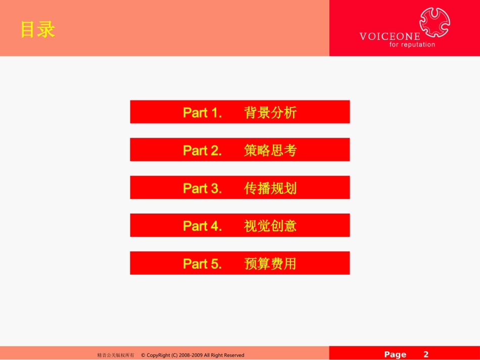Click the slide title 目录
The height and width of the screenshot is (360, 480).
tap(37, 30)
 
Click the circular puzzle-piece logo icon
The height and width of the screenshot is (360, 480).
tap(435, 22)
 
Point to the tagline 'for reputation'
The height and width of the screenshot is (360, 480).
tap(412, 44)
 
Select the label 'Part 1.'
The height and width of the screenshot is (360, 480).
tap(202, 113)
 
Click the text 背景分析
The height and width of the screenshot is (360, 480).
tap(270, 113)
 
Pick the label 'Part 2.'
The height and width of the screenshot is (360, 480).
tap(202, 150)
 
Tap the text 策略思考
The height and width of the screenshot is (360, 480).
tap(270, 150)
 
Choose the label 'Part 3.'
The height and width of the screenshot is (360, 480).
tap(202, 188)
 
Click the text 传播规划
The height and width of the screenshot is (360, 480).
tap(270, 188)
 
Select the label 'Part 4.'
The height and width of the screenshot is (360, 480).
tap(202, 226)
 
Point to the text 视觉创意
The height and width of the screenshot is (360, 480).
tap(270, 226)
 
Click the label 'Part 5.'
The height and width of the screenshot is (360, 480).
tap(202, 264)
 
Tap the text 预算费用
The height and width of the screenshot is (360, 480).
tap(270, 264)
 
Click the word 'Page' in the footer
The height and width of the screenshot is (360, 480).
tap(395, 354)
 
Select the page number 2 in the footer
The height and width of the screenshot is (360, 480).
tap(426, 354)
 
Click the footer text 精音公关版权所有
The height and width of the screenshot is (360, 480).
tap(115, 355)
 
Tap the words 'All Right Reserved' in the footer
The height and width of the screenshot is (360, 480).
tap(224, 355)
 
